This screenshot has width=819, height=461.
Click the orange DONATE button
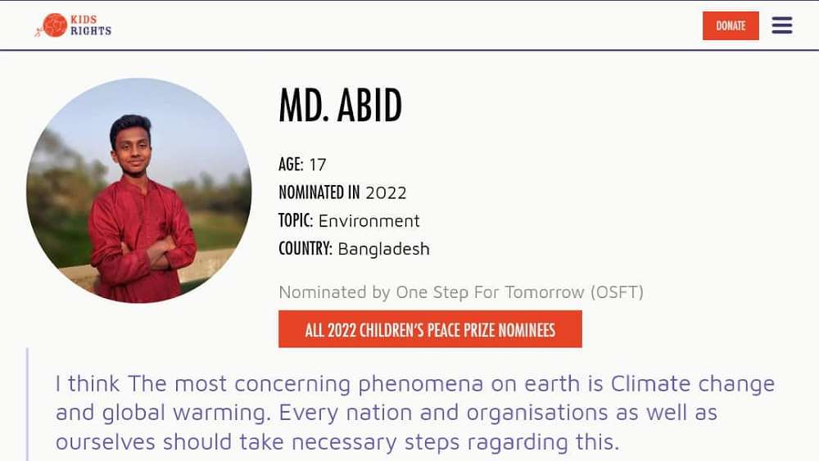pyautogui.click(x=731, y=25)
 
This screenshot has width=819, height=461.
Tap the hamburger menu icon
pyautogui.click(x=782, y=25)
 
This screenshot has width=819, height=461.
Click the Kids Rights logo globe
pyautogui.click(x=54, y=25)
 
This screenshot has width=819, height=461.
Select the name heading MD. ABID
pyautogui.click(x=341, y=106)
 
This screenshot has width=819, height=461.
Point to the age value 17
pyautogui.click(x=318, y=165)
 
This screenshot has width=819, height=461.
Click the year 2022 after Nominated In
pyautogui.click(x=386, y=193)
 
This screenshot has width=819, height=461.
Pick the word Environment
pyautogui.click(x=369, y=221)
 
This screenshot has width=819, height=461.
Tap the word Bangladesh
pyautogui.click(x=384, y=249)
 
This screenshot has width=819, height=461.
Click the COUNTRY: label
pyautogui.click(x=305, y=248)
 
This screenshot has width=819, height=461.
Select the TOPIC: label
pyautogui.click(x=296, y=220)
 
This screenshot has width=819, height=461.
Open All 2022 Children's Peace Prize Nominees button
pyautogui.click(x=430, y=329)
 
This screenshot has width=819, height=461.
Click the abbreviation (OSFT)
pyautogui.click(x=617, y=292)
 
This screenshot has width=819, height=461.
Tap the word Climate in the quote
pyautogui.click(x=651, y=384)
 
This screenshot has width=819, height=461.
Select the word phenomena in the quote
pyautogui.click(x=420, y=385)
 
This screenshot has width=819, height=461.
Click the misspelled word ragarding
pyautogui.click(x=518, y=443)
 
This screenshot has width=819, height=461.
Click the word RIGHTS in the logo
pyautogui.click(x=91, y=31)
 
